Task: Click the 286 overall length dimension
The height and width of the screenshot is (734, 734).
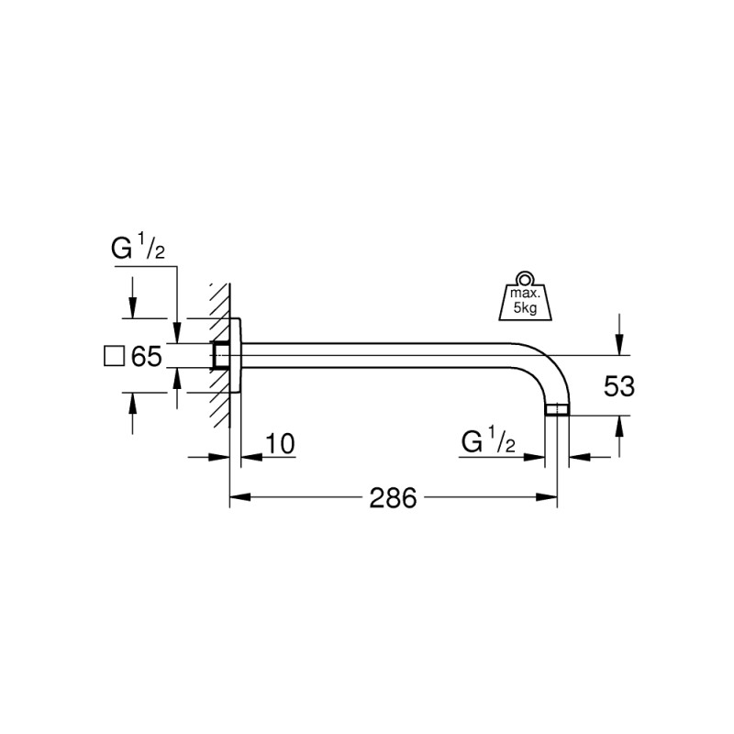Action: (393, 498)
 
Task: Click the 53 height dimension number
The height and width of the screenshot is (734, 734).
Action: (619, 386)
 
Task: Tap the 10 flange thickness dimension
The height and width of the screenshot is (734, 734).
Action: (280, 445)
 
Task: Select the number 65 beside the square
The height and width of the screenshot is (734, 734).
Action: (146, 356)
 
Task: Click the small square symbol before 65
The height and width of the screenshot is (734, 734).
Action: (114, 356)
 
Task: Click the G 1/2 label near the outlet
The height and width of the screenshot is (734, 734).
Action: (489, 443)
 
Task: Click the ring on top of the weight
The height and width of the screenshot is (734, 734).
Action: (524, 277)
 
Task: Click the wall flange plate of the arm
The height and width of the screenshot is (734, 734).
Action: (235, 355)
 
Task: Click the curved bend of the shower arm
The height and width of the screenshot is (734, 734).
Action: (546, 367)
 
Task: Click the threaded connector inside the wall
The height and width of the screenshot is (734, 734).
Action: (220, 355)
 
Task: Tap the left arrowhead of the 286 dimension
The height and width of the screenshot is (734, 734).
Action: (237, 498)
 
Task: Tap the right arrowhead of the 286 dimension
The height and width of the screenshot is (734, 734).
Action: (550, 498)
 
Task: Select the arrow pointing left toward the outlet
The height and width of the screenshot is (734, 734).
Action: (578, 457)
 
